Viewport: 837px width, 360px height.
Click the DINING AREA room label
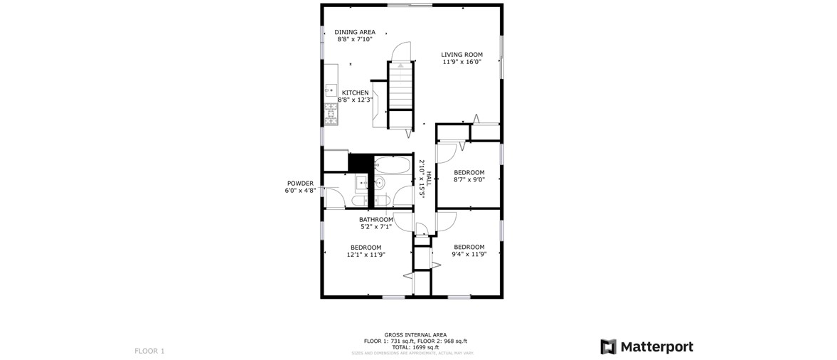click(355, 32)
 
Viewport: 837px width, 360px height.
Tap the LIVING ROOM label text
click(462, 55)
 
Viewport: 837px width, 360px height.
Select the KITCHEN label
click(355, 93)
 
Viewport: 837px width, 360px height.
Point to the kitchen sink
click(331, 91)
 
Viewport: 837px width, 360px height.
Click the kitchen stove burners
click(331, 115)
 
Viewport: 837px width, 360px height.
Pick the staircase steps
click(400, 85)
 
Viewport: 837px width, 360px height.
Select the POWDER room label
click(300, 184)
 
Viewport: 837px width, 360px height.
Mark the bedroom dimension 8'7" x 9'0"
click(469, 179)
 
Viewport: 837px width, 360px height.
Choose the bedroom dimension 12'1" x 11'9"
click(366, 255)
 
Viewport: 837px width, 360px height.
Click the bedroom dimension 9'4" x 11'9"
click(469, 254)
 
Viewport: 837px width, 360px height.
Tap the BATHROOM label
click(375, 220)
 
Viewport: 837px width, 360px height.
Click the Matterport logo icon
click(608, 346)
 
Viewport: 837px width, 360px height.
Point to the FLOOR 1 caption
click(149, 351)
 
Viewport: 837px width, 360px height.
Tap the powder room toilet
click(358, 201)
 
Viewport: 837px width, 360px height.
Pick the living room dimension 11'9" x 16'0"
click(462, 61)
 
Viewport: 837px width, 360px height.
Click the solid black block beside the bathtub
click(360, 163)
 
